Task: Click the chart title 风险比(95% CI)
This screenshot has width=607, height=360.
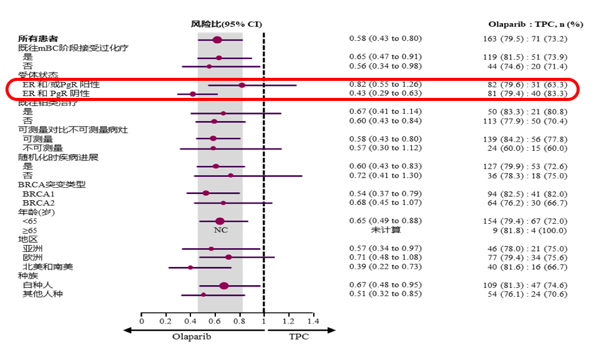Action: pyautogui.click(x=227, y=24)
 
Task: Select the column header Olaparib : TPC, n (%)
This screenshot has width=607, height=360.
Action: pyautogui.click(x=535, y=24)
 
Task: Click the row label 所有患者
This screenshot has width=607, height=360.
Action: pyautogui.click(x=34, y=39)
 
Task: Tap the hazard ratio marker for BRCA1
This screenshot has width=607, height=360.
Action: pyautogui.click(x=206, y=193)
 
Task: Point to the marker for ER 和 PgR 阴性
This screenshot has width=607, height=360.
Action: pyautogui.click(x=193, y=94)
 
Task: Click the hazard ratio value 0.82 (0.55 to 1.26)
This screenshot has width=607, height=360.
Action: pyautogui.click(x=385, y=84)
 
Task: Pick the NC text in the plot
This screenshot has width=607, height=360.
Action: pyautogui.click(x=220, y=230)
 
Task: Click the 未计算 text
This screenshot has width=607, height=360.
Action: pyautogui.click(x=386, y=230)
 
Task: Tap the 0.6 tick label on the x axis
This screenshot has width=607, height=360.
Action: pyautogui.click(x=215, y=320)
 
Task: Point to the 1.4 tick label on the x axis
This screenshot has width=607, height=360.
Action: pyautogui.click(x=313, y=320)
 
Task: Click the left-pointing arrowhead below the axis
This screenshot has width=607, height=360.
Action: pyautogui.click(x=128, y=330)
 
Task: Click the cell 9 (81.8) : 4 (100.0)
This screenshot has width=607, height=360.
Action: pyautogui.click(x=530, y=230)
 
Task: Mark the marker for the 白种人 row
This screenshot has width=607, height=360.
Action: pyautogui.click(x=224, y=286)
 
